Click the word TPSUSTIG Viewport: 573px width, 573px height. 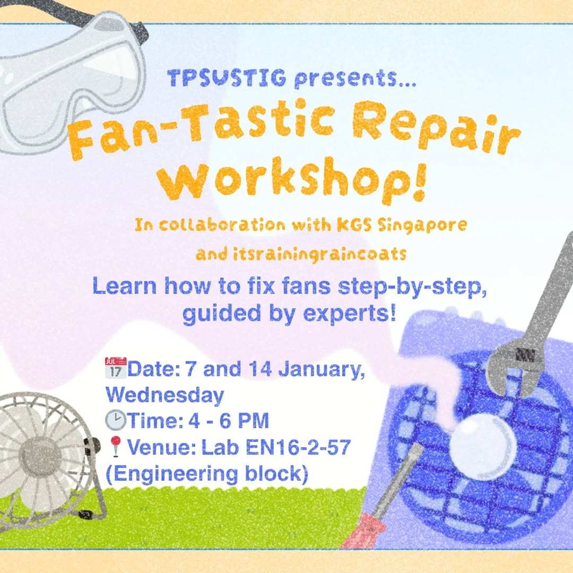(x=227, y=78)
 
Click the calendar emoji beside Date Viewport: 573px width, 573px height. (x=116, y=368)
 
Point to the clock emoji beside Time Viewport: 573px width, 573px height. (x=116, y=420)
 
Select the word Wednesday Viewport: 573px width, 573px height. (x=164, y=395)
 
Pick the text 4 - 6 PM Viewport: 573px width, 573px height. (x=229, y=421)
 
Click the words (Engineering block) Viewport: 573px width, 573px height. (x=207, y=474)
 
